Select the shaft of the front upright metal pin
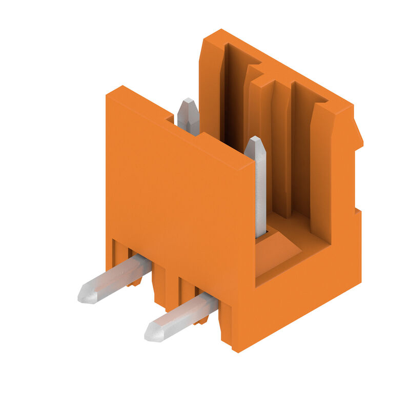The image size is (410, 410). click(x=260, y=195)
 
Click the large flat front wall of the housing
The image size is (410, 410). click(x=179, y=200)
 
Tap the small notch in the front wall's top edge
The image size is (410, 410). click(x=169, y=119)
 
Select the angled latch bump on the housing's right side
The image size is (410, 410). click(x=357, y=133)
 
